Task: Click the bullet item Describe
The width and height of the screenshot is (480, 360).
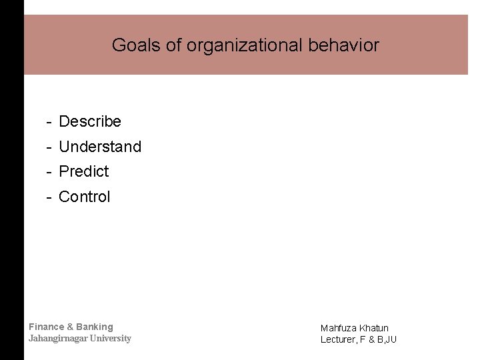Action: point(90,121)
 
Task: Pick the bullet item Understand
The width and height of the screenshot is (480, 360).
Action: point(100,147)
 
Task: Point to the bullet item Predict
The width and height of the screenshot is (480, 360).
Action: point(84,171)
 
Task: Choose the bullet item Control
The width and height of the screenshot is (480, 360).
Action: point(85,197)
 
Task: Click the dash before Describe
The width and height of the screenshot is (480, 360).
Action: point(49,122)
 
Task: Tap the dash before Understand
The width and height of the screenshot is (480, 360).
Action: point(49,147)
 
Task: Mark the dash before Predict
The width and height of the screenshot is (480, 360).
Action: point(49,172)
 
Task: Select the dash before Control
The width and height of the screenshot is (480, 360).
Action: point(49,197)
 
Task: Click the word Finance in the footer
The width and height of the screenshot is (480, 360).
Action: point(47,327)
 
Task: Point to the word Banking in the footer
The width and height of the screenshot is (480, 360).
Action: point(95,327)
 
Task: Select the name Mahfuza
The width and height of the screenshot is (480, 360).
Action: point(338,328)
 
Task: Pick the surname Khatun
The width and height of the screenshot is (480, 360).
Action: point(373,328)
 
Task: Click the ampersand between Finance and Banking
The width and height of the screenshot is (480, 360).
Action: point(70,327)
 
